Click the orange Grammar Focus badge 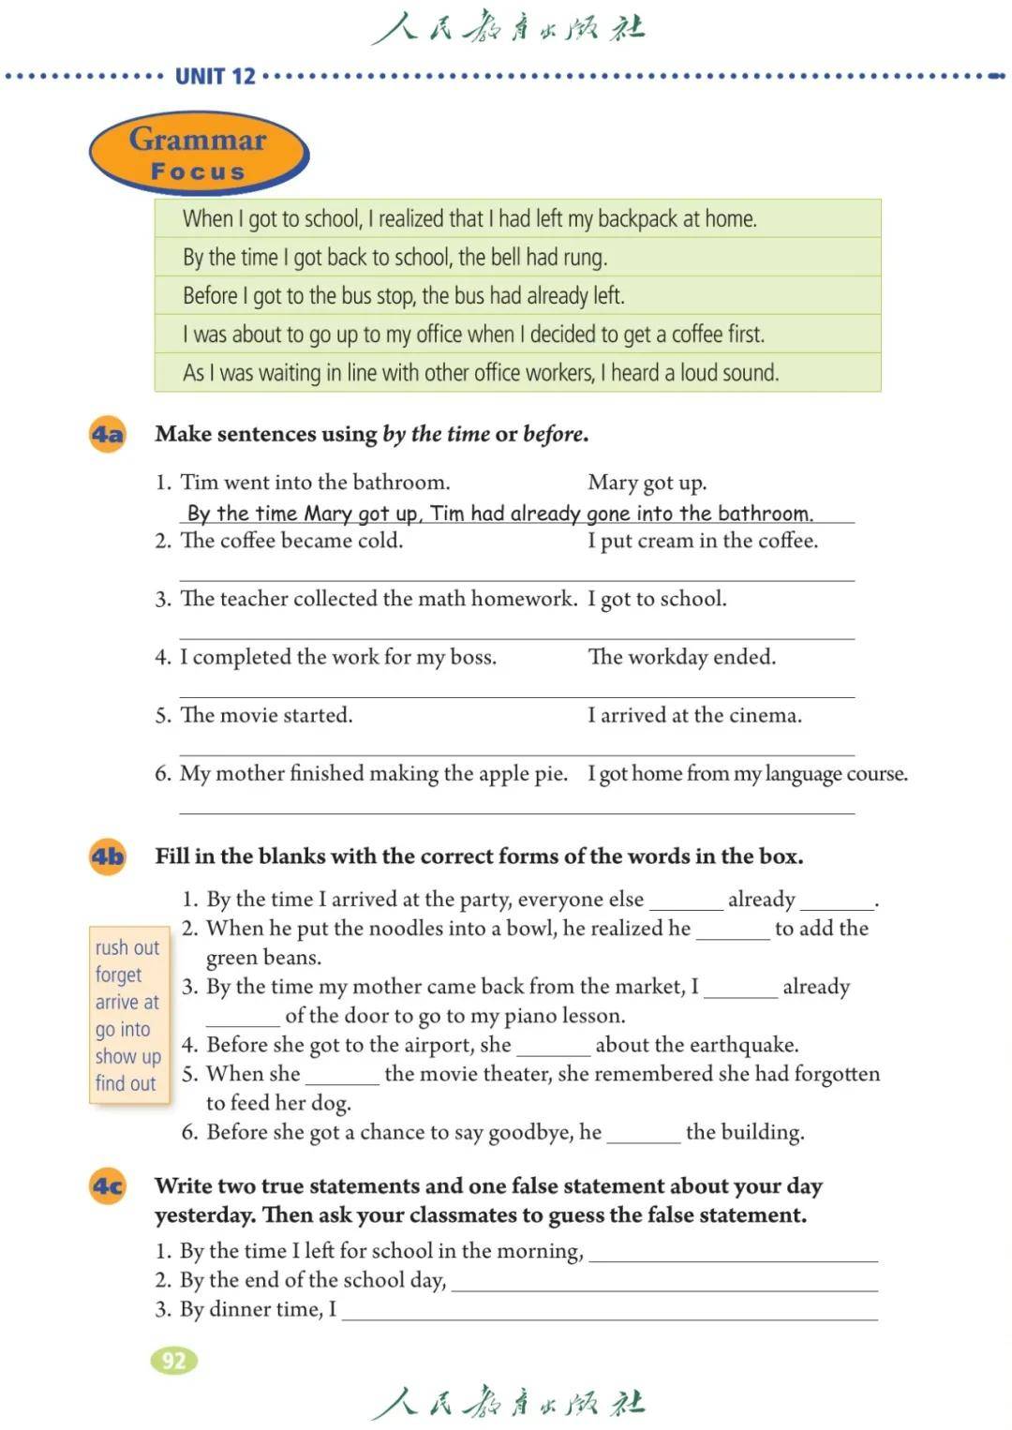tap(199, 154)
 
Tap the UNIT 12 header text tap(215, 77)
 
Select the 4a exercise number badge tap(108, 435)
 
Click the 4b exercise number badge tap(108, 857)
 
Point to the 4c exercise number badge tap(108, 1186)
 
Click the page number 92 tap(173, 1361)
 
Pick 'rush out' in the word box tap(127, 947)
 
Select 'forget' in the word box tap(118, 975)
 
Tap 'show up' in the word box tap(128, 1056)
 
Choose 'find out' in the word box tap(126, 1083)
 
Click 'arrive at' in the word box tap(127, 1002)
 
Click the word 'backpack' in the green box tap(637, 219)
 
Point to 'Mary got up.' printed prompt tap(647, 483)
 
